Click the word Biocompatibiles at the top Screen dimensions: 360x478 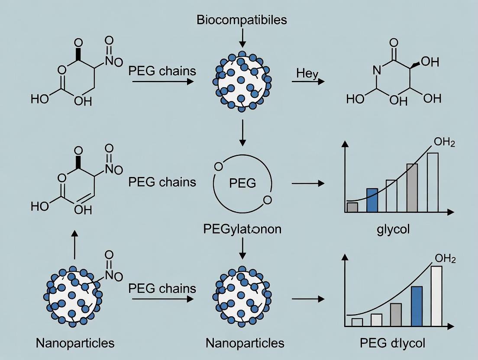tap(242, 20)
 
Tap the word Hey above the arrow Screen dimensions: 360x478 tap(307, 74)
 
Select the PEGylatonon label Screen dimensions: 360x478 tap(242, 229)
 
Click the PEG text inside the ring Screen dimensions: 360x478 tap(242, 183)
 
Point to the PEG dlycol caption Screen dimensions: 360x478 tap(393, 343)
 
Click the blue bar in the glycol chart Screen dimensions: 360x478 tap(372, 200)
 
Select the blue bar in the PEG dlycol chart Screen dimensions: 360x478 tap(417, 306)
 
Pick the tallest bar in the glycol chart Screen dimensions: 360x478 tap(433, 182)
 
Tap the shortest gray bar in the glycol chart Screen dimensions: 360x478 tap(352, 207)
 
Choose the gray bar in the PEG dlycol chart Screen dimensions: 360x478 tap(396, 315)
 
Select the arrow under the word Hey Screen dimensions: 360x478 tap(308, 81)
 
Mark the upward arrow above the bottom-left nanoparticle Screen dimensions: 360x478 tap(74, 244)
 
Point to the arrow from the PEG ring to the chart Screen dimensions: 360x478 tap(308, 183)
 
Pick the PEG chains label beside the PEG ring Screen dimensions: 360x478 tap(162, 182)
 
